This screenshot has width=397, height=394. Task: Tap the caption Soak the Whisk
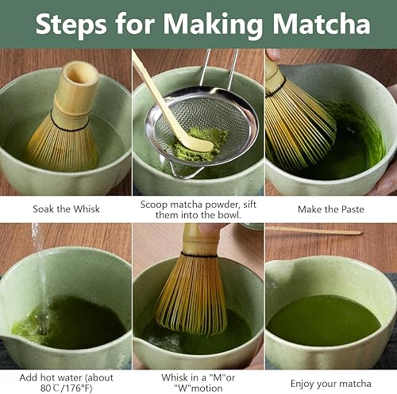66,209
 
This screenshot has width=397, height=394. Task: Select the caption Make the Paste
330,209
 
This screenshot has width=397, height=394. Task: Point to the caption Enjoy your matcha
330,384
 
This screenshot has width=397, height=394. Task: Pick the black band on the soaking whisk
70,125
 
